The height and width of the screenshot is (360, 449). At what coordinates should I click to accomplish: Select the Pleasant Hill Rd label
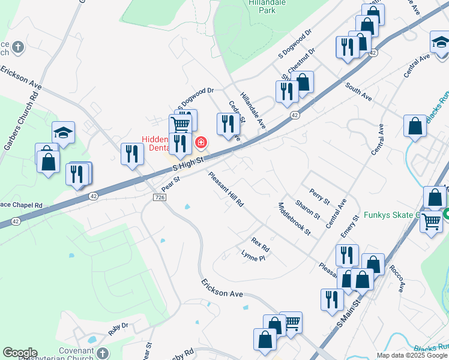[x=226, y=190]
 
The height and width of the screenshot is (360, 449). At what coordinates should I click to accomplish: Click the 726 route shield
[x=159, y=197]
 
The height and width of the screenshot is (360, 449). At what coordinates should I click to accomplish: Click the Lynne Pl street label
[x=253, y=256]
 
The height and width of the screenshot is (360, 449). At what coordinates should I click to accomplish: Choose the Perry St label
[x=320, y=196]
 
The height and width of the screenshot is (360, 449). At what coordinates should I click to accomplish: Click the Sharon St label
[x=308, y=211]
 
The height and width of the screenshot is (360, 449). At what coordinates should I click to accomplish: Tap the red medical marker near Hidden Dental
[x=201, y=143]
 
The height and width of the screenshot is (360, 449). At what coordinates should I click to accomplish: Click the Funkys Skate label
[x=400, y=215]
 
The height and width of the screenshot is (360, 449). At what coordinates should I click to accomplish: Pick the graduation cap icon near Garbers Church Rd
[x=62, y=133]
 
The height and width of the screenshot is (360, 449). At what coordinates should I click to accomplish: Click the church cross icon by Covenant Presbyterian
[x=102, y=353]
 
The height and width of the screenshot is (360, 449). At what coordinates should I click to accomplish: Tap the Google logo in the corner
[x=20, y=353]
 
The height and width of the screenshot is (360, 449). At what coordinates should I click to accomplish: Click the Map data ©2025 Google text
[x=411, y=355]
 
